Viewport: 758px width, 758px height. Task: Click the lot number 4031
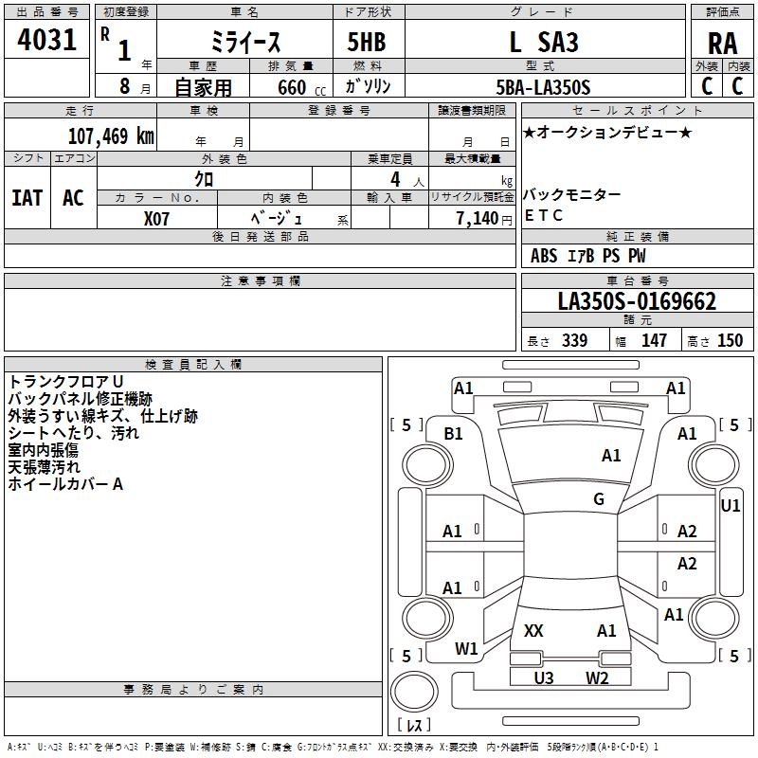pyautogui.click(x=46, y=39)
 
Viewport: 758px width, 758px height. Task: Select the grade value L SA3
pyautogui.click(x=544, y=42)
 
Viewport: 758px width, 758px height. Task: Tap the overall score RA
pyautogui.click(x=722, y=44)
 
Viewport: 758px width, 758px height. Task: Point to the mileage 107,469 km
pyautogui.click(x=111, y=136)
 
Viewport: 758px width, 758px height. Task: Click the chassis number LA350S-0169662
pyautogui.click(x=637, y=301)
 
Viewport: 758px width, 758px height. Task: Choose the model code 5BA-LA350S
pyautogui.click(x=543, y=87)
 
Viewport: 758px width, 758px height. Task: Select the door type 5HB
pyautogui.click(x=367, y=42)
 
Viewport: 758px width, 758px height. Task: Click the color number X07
pyautogui.click(x=156, y=219)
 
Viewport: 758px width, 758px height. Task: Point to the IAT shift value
pyautogui.click(x=27, y=198)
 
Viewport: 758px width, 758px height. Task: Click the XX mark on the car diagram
pyautogui.click(x=533, y=630)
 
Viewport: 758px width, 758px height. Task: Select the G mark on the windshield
pyautogui.click(x=599, y=498)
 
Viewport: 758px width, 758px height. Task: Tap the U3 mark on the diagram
pyautogui.click(x=543, y=677)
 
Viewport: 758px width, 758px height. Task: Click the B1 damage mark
pyautogui.click(x=453, y=434)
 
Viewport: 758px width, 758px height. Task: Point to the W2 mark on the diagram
pyautogui.click(x=597, y=677)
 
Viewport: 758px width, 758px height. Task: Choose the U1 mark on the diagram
pyautogui.click(x=730, y=506)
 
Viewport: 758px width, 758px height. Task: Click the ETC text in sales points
pyautogui.click(x=543, y=215)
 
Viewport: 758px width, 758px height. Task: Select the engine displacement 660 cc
pyautogui.click(x=301, y=88)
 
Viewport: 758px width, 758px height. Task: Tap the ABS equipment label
pyautogui.click(x=544, y=255)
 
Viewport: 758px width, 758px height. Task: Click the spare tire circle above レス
pyautogui.click(x=414, y=692)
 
